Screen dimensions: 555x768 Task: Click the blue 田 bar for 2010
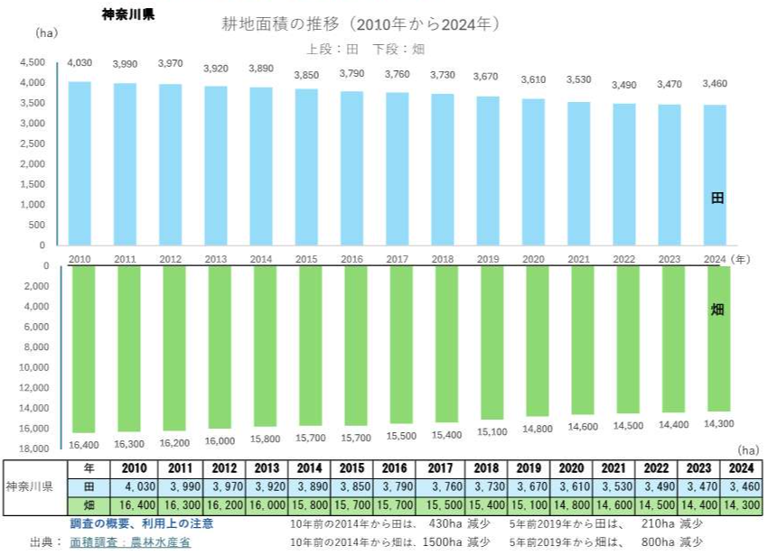click(x=80, y=162)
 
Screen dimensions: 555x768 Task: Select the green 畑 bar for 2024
click(x=719, y=338)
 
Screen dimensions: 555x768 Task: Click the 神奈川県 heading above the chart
click(x=131, y=15)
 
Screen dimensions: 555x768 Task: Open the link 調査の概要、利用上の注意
click(x=142, y=523)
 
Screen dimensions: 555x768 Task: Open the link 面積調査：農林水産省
click(x=131, y=542)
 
